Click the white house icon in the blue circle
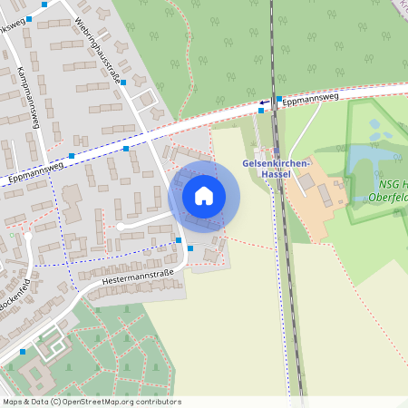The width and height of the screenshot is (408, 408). [x=204, y=196]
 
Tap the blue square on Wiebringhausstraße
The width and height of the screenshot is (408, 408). [x=124, y=83]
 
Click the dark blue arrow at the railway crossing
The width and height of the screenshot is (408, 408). [x=265, y=102]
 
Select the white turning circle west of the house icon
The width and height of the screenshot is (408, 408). [x=120, y=226]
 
